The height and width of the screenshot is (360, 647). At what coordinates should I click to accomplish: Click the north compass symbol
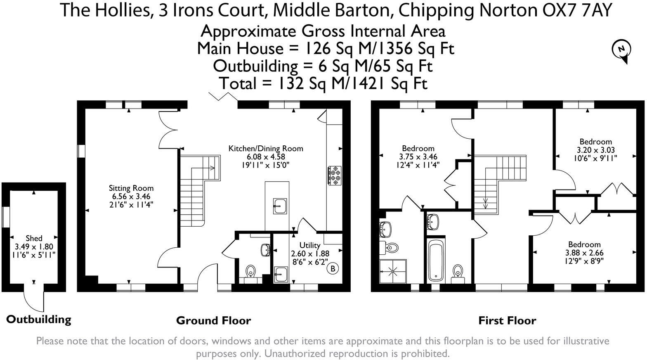621,50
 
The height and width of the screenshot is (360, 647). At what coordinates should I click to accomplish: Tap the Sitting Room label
131,188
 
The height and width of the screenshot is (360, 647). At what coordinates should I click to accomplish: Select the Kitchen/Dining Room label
266,149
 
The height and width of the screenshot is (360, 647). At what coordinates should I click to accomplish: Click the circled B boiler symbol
333,269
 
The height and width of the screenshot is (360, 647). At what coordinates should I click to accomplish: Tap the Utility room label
309,245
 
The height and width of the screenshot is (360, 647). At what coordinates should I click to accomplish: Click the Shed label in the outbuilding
34,238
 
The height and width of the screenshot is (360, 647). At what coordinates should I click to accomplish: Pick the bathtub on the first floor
436,261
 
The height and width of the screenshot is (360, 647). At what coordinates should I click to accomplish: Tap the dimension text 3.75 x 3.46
418,157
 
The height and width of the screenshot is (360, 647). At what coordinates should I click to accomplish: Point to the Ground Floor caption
213,320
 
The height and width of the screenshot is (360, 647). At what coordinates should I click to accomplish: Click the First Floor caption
507,320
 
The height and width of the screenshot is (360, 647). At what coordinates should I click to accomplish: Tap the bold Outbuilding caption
39,319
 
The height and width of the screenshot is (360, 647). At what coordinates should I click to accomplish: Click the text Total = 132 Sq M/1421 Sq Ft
323,83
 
